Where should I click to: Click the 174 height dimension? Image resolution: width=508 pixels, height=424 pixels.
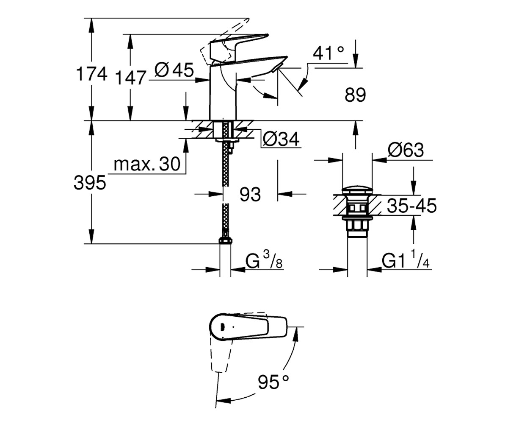coord(92,74)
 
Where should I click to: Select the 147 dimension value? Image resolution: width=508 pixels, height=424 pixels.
coord(131,78)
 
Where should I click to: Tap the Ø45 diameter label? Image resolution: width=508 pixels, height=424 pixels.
coord(174,70)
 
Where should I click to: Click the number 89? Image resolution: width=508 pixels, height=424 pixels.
coord(355,95)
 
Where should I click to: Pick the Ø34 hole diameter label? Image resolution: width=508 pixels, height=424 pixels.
coord(281,139)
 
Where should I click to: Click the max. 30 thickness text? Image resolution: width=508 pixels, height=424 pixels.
coord(147,164)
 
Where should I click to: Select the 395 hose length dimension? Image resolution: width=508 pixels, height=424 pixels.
coord(90,182)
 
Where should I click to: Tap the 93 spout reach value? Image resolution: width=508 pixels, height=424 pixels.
coord(250,194)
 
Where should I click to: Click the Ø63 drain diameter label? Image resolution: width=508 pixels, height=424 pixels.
coord(406,150)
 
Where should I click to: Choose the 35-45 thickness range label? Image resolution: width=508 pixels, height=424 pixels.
coord(411,206)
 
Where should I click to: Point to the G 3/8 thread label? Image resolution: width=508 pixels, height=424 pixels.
coord(264,260)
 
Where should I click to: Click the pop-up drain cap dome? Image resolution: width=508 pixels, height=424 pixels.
coord(357,190)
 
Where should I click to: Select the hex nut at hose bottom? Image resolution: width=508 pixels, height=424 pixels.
coord(225,240)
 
